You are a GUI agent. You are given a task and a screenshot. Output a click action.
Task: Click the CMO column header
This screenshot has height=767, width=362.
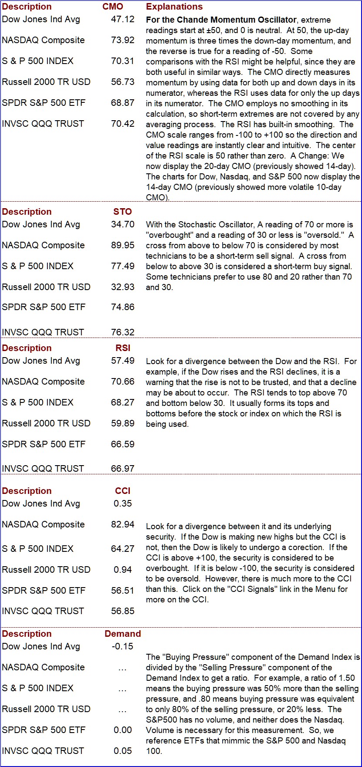click(x=113, y=7)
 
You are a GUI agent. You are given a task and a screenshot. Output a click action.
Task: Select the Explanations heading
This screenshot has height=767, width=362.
click(x=174, y=7)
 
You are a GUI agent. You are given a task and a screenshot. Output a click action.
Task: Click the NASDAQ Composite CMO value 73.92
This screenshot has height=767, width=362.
click(x=123, y=40)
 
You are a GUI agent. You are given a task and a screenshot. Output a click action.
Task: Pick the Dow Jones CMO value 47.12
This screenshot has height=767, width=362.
click(x=123, y=19)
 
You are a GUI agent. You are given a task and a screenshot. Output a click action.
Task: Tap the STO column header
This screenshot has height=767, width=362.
click(x=122, y=212)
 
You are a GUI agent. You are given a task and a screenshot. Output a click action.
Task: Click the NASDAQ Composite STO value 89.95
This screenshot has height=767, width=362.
click(x=123, y=245)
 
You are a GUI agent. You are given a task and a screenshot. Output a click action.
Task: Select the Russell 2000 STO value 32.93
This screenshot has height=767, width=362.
click(x=123, y=287)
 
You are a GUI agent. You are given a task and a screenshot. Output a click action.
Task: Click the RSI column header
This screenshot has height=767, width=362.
click(x=123, y=348)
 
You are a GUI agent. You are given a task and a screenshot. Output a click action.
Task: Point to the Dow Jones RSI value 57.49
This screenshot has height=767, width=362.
click(x=123, y=361)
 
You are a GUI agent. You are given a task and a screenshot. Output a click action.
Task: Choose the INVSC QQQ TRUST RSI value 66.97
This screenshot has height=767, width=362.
click(x=123, y=469)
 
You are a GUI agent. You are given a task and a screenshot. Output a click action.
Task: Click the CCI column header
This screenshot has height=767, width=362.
click(x=123, y=491)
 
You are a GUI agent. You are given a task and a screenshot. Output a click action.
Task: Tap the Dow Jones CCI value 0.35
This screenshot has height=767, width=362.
click(x=123, y=503)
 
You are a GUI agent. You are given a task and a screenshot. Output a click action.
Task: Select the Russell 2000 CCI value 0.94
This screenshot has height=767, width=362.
click(x=123, y=570)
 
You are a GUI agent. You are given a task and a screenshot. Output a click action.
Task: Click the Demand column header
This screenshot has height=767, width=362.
click(x=123, y=634)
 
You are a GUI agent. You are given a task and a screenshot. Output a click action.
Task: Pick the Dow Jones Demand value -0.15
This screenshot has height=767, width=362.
click(x=122, y=646)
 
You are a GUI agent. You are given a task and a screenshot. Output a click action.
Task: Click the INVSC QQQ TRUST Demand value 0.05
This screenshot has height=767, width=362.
click(x=123, y=751)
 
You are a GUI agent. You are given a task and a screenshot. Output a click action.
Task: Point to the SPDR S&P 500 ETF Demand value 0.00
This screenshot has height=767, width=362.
click(x=123, y=730)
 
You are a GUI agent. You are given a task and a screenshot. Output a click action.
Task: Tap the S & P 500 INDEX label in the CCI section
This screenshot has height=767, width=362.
click(x=37, y=549)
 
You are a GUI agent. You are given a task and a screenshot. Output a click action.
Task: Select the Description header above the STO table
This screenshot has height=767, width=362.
click(x=27, y=212)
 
